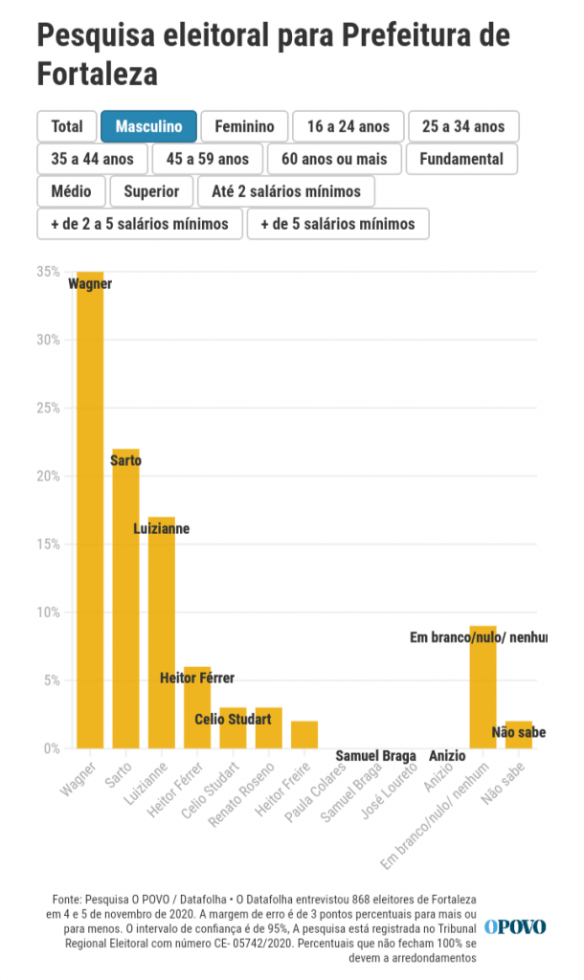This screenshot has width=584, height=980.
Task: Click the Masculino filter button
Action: point(148,126)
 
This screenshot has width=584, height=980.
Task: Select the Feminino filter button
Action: point(244,126)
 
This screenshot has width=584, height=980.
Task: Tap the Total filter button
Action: point(67,126)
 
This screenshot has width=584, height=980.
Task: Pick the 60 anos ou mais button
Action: point(334,159)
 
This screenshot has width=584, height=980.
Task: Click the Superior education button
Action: point(151,191)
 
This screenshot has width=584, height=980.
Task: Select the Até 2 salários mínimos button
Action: point(286,191)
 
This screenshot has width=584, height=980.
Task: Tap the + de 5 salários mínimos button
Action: point(338,224)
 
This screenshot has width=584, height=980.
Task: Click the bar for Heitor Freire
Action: point(304,734)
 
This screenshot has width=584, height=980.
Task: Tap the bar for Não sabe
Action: point(518,734)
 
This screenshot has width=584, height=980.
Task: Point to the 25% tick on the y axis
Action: point(48,408)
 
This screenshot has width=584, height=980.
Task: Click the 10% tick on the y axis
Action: point(48,612)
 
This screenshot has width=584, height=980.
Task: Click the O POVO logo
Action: point(514,926)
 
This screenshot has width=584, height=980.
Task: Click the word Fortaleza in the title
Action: point(97,74)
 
